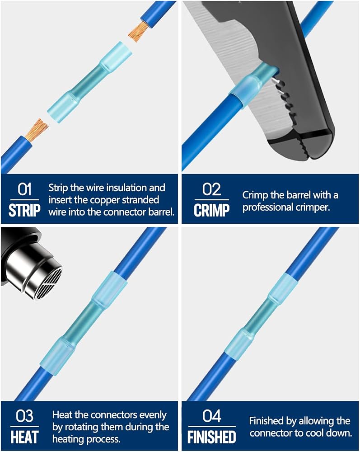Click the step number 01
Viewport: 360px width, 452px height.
(24, 189)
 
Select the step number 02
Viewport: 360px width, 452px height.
(211, 189)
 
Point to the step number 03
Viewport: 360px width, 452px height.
(24, 416)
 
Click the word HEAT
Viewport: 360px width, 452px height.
(24, 437)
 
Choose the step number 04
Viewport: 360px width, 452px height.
(212, 416)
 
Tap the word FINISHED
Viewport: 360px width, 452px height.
(212, 437)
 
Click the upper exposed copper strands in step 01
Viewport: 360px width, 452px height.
(138, 31)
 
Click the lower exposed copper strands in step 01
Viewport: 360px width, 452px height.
(36, 130)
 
